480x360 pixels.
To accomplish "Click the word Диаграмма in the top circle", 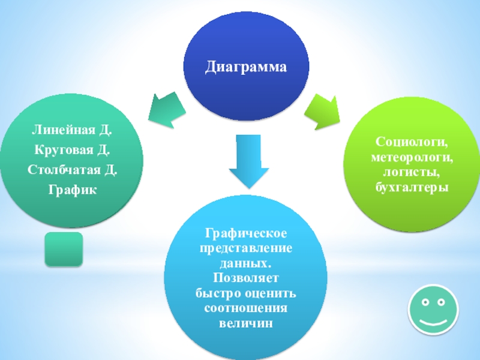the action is [x=246, y=66].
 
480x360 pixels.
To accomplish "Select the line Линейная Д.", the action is [x=72, y=130].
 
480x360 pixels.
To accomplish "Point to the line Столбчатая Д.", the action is [x=72, y=170].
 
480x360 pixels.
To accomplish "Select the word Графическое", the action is [x=246, y=232].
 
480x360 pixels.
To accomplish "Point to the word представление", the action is [x=246, y=248].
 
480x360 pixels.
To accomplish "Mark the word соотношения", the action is [x=246, y=308].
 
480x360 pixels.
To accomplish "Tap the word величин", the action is [x=246, y=324].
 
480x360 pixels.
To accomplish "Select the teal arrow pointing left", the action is [x=166, y=108].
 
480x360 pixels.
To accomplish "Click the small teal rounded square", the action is [x=64, y=249].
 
